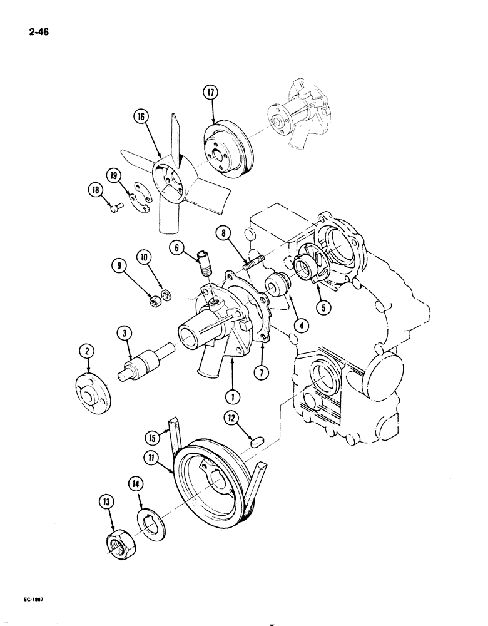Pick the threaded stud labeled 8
tap(258, 260)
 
